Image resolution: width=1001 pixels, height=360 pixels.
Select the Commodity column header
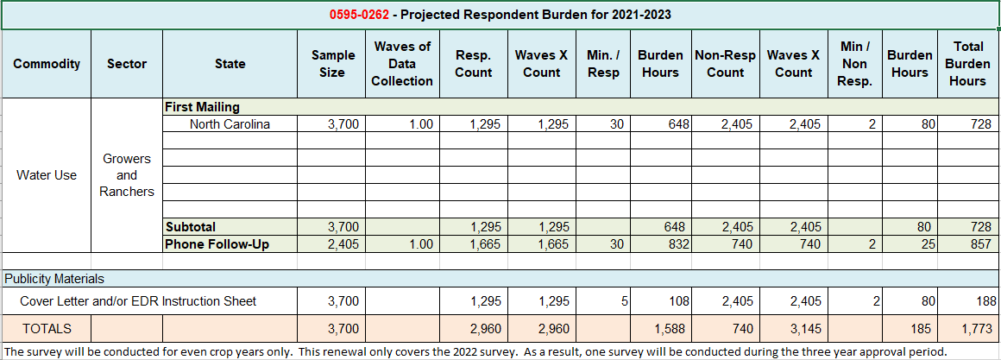click(x=47, y=64)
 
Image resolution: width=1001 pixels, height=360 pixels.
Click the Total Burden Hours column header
click(x=967, y=64)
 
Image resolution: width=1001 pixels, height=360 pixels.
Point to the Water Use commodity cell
click(x=47, y=175)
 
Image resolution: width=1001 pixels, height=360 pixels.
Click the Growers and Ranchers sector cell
click(x=127, y=175)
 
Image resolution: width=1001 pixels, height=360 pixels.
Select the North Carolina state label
click(x=230, y=124)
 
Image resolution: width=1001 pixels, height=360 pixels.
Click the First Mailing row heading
click(x=202, y=107)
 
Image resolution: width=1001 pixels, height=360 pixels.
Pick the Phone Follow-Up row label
click(x=217, y=244)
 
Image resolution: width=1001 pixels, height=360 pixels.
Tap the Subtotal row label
click(x=192, y=227)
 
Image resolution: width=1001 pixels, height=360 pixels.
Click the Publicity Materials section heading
click(x=54, y=279)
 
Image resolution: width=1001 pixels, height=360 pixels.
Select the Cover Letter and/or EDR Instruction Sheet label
click(x=138, y=301)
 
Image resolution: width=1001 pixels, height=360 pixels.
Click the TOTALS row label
click(x=47, y=328)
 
